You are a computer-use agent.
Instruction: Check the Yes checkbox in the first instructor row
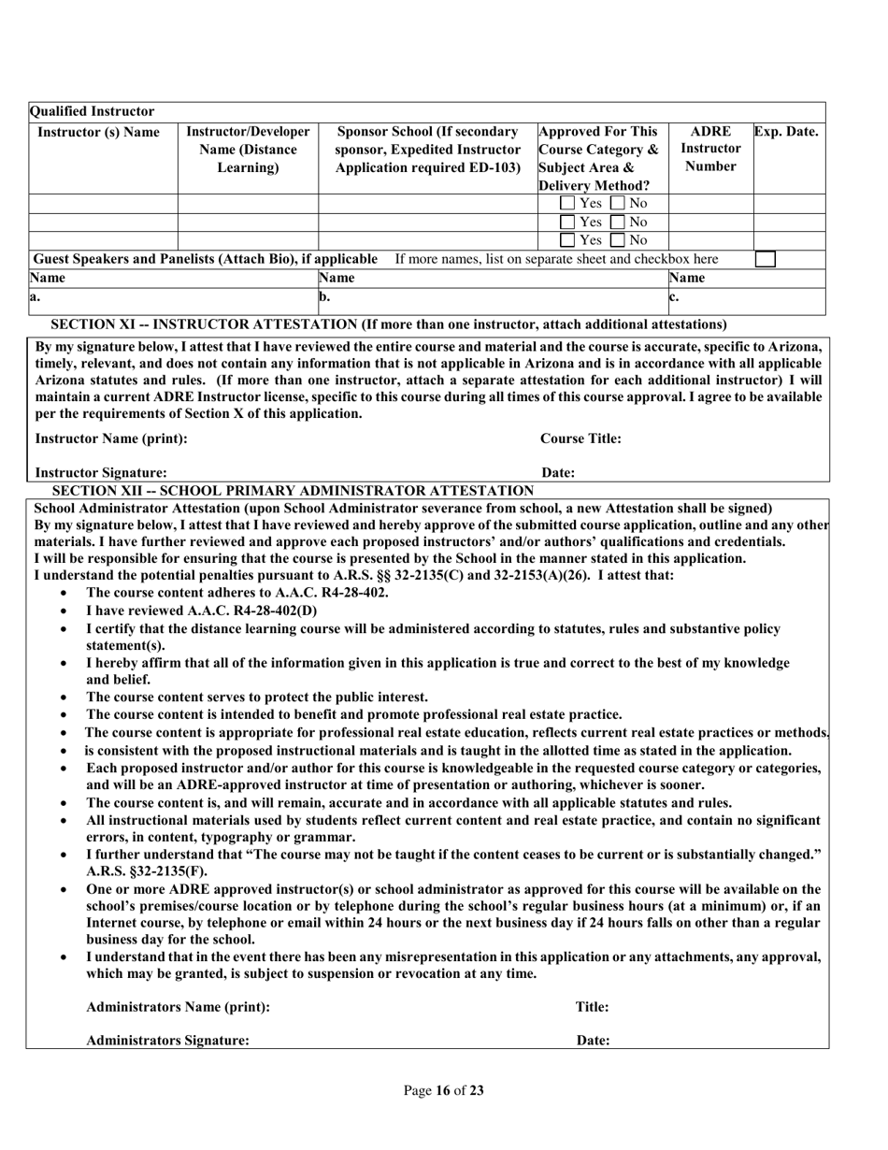pyautogui.click(x=567, y=203)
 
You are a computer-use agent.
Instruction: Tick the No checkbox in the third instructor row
pyautogui.click(x=618, y=240)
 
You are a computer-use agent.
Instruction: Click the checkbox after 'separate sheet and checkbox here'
pyautogui.click(x=765, y=259)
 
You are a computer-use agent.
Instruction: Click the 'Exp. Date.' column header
pyautogui.click(x=786, y=132)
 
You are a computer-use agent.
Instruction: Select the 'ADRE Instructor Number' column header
pyautogui.click(x=710, y=149)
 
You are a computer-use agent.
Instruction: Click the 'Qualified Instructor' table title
pyautogui.click(x=93, y=111)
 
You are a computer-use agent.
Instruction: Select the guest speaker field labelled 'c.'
pyautogui.click(x=748, y=300)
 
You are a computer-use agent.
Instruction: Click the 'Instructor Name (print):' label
pyautogui.click(x=110, y=438)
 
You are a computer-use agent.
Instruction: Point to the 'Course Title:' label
pyautogui.click(x=580, y=438)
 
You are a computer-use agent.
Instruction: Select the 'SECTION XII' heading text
pyautogui.click(x=293, y=491)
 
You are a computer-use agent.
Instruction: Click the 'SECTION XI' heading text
pyautogui.click(x=388, y=324)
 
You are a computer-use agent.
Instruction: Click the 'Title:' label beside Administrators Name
pyautogui.click(x=592, y=1007)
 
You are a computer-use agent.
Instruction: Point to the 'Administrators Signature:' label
pyautogui.click(x=167, y=1041)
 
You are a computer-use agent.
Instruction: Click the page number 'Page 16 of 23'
pyautogui.click(x=443, y=1090)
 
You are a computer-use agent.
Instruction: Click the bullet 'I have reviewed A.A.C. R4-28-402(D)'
pyautogui.click(x=201, y=611)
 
